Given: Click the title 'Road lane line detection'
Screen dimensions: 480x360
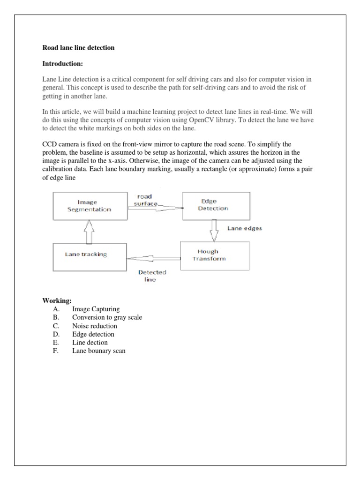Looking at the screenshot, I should click(x=78, y=48).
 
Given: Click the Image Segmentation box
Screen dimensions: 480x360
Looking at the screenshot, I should click(x=90, y=206).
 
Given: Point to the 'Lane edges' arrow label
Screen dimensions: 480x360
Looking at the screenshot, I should click(x=245, y=229).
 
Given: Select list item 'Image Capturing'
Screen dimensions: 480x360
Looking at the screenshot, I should click(x=96, y=309).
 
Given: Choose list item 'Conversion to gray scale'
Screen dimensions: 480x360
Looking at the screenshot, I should click(x=107, y=317).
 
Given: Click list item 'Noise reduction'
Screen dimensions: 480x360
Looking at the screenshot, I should click(x=94, y=326).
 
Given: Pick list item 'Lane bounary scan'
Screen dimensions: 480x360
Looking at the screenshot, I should click(x=98, y=351).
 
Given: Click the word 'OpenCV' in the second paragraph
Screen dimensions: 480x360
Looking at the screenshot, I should click(x=222, y=120).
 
